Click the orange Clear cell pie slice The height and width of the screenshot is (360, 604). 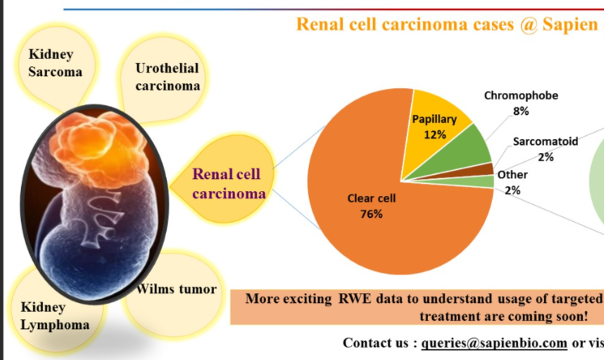(380, 225)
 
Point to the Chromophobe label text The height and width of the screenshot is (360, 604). (521, 96)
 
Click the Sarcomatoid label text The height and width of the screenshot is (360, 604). (545, 142)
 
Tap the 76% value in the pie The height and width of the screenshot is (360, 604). (371, 214)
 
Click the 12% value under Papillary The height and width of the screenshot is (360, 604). (434, 135)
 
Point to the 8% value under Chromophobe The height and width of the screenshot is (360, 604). (521, 111)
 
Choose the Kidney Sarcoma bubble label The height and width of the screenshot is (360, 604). (55, 63)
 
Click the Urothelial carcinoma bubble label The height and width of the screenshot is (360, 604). (168, 77)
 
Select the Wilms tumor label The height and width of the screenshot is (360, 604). (177, 289)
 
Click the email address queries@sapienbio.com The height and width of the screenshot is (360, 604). (495, 343)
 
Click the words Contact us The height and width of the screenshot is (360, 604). (375, 343)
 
